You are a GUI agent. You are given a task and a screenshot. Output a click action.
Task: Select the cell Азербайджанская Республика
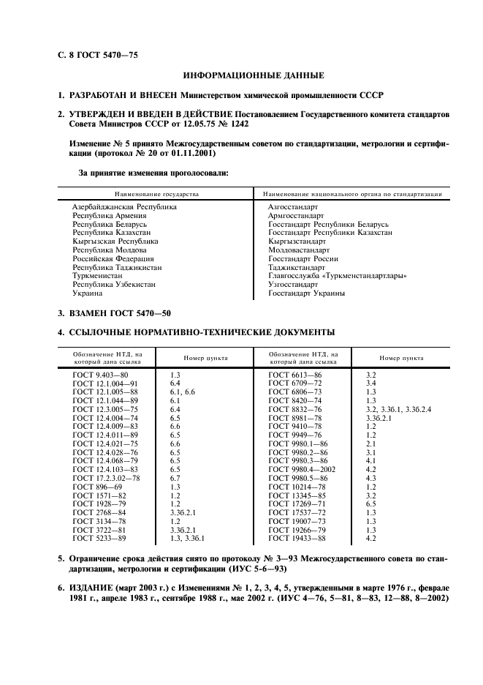[124, 207]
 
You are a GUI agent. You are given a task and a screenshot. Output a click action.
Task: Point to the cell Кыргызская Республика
[115, 242]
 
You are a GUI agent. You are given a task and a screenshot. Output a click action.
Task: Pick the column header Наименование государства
[156, 195]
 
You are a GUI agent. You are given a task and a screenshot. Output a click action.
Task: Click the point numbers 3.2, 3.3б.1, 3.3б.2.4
[398, 409]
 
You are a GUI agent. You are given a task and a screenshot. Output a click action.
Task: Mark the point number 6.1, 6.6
[183, 392]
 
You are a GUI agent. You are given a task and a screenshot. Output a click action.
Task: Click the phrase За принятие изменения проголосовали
[153, 173]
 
